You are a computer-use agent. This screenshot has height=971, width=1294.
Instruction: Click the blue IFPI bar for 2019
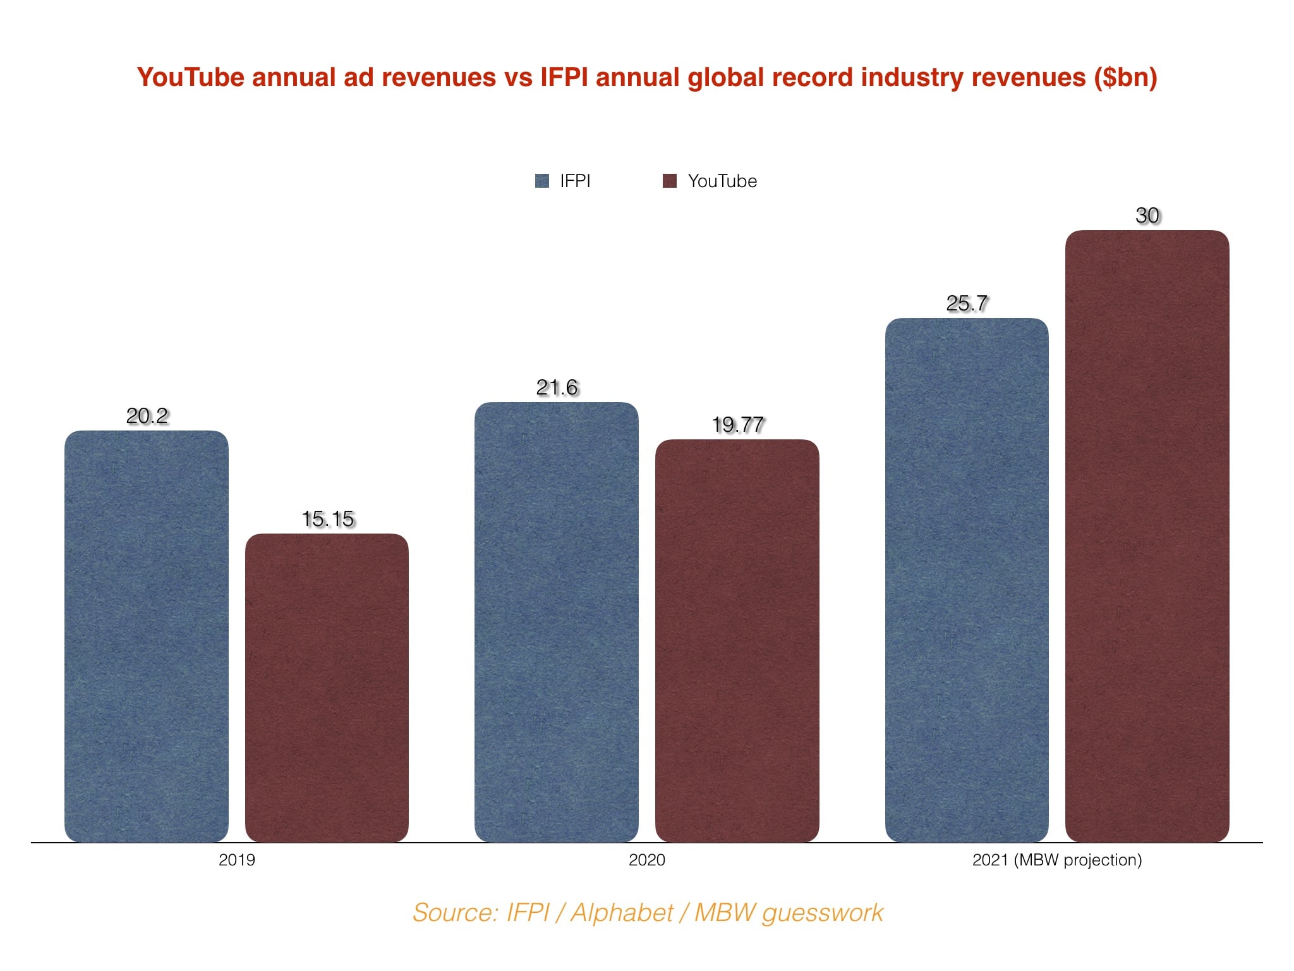(x=147, y=636)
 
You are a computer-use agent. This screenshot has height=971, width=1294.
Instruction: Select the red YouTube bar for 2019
(x=327, y=688)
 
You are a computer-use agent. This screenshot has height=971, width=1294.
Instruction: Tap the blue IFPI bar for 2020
(x=556, y=622)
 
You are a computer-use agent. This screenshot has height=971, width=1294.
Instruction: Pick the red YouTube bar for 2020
(x=737, y=640)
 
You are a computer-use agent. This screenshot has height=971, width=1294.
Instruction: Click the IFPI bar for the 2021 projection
(x=967, y=580)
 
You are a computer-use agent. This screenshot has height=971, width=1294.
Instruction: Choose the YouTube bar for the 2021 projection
(x=1147, y=536)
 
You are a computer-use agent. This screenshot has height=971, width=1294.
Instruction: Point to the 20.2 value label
(x=147, y=416)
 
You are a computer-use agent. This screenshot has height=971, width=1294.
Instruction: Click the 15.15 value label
(x=328, y=519)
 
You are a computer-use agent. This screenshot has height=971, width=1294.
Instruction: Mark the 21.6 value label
(x=557, y=388)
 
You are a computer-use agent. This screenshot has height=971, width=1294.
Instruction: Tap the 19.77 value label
(x=738, y=425)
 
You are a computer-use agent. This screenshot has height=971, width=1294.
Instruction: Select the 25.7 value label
(x=967, y=303)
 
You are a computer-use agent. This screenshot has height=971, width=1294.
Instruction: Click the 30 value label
(x=1147, y=216)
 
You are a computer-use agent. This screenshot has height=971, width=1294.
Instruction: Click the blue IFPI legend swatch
(x=542, y=181)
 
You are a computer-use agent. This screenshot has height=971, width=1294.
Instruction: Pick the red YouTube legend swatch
(x=670, y=181)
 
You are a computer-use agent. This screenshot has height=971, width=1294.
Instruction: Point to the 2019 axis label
(x=237, y=860)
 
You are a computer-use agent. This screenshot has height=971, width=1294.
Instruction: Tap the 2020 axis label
(x=646, y=860)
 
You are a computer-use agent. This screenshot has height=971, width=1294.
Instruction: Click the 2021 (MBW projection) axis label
(x=1057, y=860)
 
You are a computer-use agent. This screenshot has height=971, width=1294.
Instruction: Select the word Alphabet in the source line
(x=622, y=913)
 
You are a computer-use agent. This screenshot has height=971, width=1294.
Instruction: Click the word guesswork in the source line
(x=823, y=913)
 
